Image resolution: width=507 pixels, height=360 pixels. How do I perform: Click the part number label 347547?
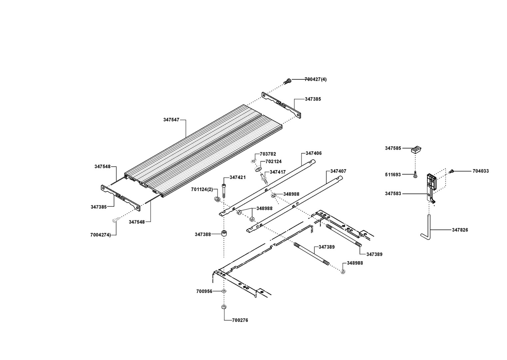[x=171, y=119]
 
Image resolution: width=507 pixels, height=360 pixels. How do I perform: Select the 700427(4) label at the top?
[x=315, y=79]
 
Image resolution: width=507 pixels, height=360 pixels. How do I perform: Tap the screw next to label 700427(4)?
[x=287, y=81]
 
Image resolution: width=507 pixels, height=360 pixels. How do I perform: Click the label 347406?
[x=313, y=153]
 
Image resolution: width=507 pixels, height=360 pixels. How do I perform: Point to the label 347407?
[x=338, y=171]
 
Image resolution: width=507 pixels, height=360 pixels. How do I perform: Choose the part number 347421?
[x=238, y=177]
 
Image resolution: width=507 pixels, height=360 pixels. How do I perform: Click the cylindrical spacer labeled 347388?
[x=224, y=233]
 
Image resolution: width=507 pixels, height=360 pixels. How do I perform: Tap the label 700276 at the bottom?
[x=241, y=320]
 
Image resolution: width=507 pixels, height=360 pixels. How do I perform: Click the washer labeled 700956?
[x=224, y=291]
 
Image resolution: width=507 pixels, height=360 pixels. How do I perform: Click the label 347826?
[x=460, y=230]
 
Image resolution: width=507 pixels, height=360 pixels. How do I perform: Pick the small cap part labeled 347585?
[x=416, y=149]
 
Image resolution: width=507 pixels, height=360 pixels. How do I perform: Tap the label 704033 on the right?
[x=481, y=171]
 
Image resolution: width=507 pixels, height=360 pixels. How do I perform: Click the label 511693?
[x=393, y=174]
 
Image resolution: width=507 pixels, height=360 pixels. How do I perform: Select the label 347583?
[x=393, y=193]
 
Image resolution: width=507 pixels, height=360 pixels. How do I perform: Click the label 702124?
[x=273, y=161]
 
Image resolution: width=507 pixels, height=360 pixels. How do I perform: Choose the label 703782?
[x=268, y=154]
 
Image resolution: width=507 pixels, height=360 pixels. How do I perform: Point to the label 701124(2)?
[x=202, y=189]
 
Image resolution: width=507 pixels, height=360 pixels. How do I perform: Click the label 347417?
[x=277, y=172]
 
